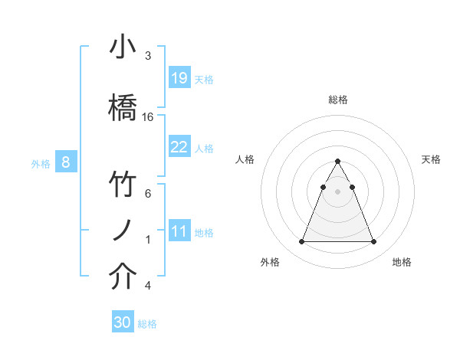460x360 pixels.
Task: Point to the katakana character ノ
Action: (x=123, y=231)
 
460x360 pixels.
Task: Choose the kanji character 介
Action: (x=123, y=277)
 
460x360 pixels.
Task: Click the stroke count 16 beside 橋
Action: (x=148, y=117)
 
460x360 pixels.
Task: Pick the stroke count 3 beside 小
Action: (x=147, y=56)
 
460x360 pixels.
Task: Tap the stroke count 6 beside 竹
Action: (x=147, y=194)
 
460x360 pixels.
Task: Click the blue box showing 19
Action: (x=179, y=78)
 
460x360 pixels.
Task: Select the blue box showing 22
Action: (x=179, y=147)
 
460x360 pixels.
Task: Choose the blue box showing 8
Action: (x=66, y=162)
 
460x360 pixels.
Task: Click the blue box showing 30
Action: (x=123, y=322)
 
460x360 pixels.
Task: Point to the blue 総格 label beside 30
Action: (x=147, y=324)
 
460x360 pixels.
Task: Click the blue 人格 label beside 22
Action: (x=204, y=149)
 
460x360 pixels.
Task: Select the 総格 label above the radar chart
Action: (x=337, y=100)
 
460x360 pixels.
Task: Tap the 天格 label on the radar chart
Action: (x=431, y=159)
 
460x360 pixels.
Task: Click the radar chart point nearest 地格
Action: (x=373, y=242)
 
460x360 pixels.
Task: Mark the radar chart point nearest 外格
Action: (x=301, y=242)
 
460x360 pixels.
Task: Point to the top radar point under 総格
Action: (x=337, y=162)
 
